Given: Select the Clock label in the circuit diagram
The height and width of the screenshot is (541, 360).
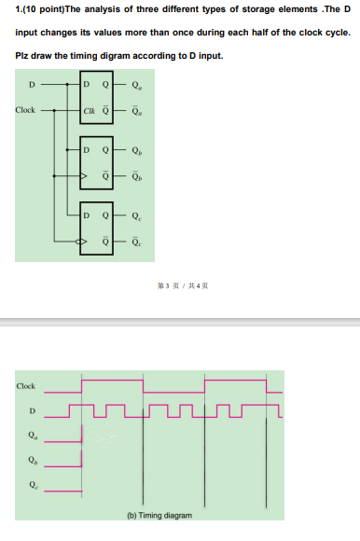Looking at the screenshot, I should (26, 110).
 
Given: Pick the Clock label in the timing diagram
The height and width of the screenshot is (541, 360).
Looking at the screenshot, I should (26, 385).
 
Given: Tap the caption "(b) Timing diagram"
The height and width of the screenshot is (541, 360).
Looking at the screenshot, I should (160, 515).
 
